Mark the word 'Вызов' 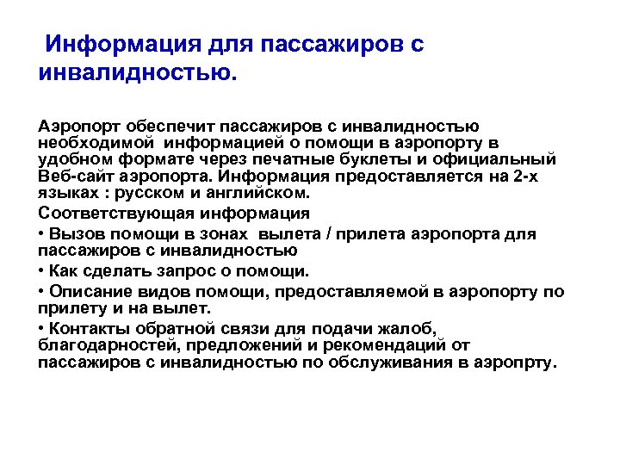pyautogui.click(x=75, y=233)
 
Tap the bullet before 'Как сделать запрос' pyautogui.click(x=42, y=271)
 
